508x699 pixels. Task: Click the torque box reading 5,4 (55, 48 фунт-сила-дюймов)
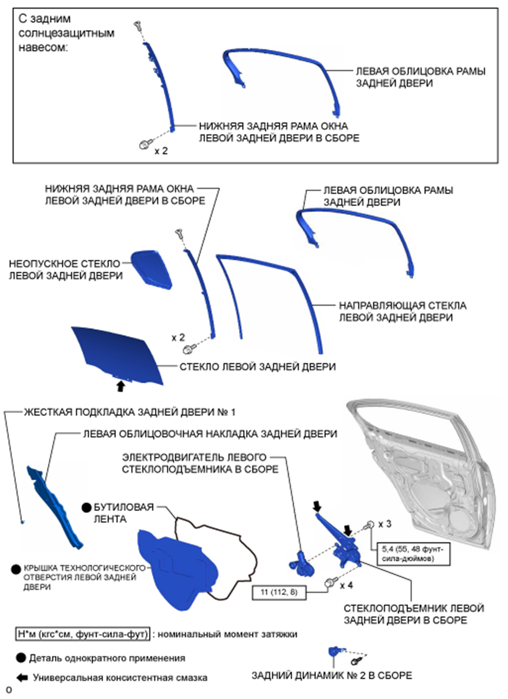pyautogui.click(x=412, y=553)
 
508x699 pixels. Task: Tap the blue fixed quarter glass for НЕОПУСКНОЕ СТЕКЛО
pyautogui.click(x=151, y=268)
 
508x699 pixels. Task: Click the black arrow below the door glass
pyautogui.click(x=120, y=387)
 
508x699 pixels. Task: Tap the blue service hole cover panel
pyautogui.click(x=177, y=570)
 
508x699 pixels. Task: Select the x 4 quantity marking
pyautogui.click(x=346, y=585)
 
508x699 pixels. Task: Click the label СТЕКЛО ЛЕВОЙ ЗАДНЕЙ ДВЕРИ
pyautogui.click(x=257, y=367)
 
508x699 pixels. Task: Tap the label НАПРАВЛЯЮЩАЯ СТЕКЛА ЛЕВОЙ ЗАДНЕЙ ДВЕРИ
pyautogui.click(x=402, y=312)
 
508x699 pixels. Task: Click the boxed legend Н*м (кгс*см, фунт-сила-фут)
pyautogui.click(x=83, y=634)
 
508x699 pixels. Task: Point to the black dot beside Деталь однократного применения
pyautogui.click(x=21, y=658)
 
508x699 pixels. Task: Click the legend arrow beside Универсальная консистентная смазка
pyautogui.click(x=22, y=677)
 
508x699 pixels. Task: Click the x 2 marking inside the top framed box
pyautogui.click(x=161, y=151)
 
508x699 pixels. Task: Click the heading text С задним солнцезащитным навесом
pyautogui.click(x=66, y=33)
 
